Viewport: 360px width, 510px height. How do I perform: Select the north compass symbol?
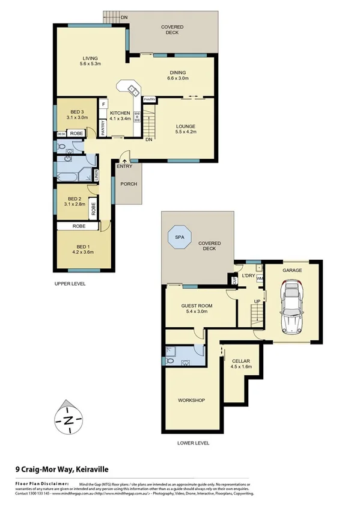69,420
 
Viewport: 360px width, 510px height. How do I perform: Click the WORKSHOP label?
192,400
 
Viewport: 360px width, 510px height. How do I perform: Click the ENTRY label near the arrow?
124,167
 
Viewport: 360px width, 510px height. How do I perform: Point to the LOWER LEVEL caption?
194,443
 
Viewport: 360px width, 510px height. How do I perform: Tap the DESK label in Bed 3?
61,134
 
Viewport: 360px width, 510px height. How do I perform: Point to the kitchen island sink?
133,91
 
